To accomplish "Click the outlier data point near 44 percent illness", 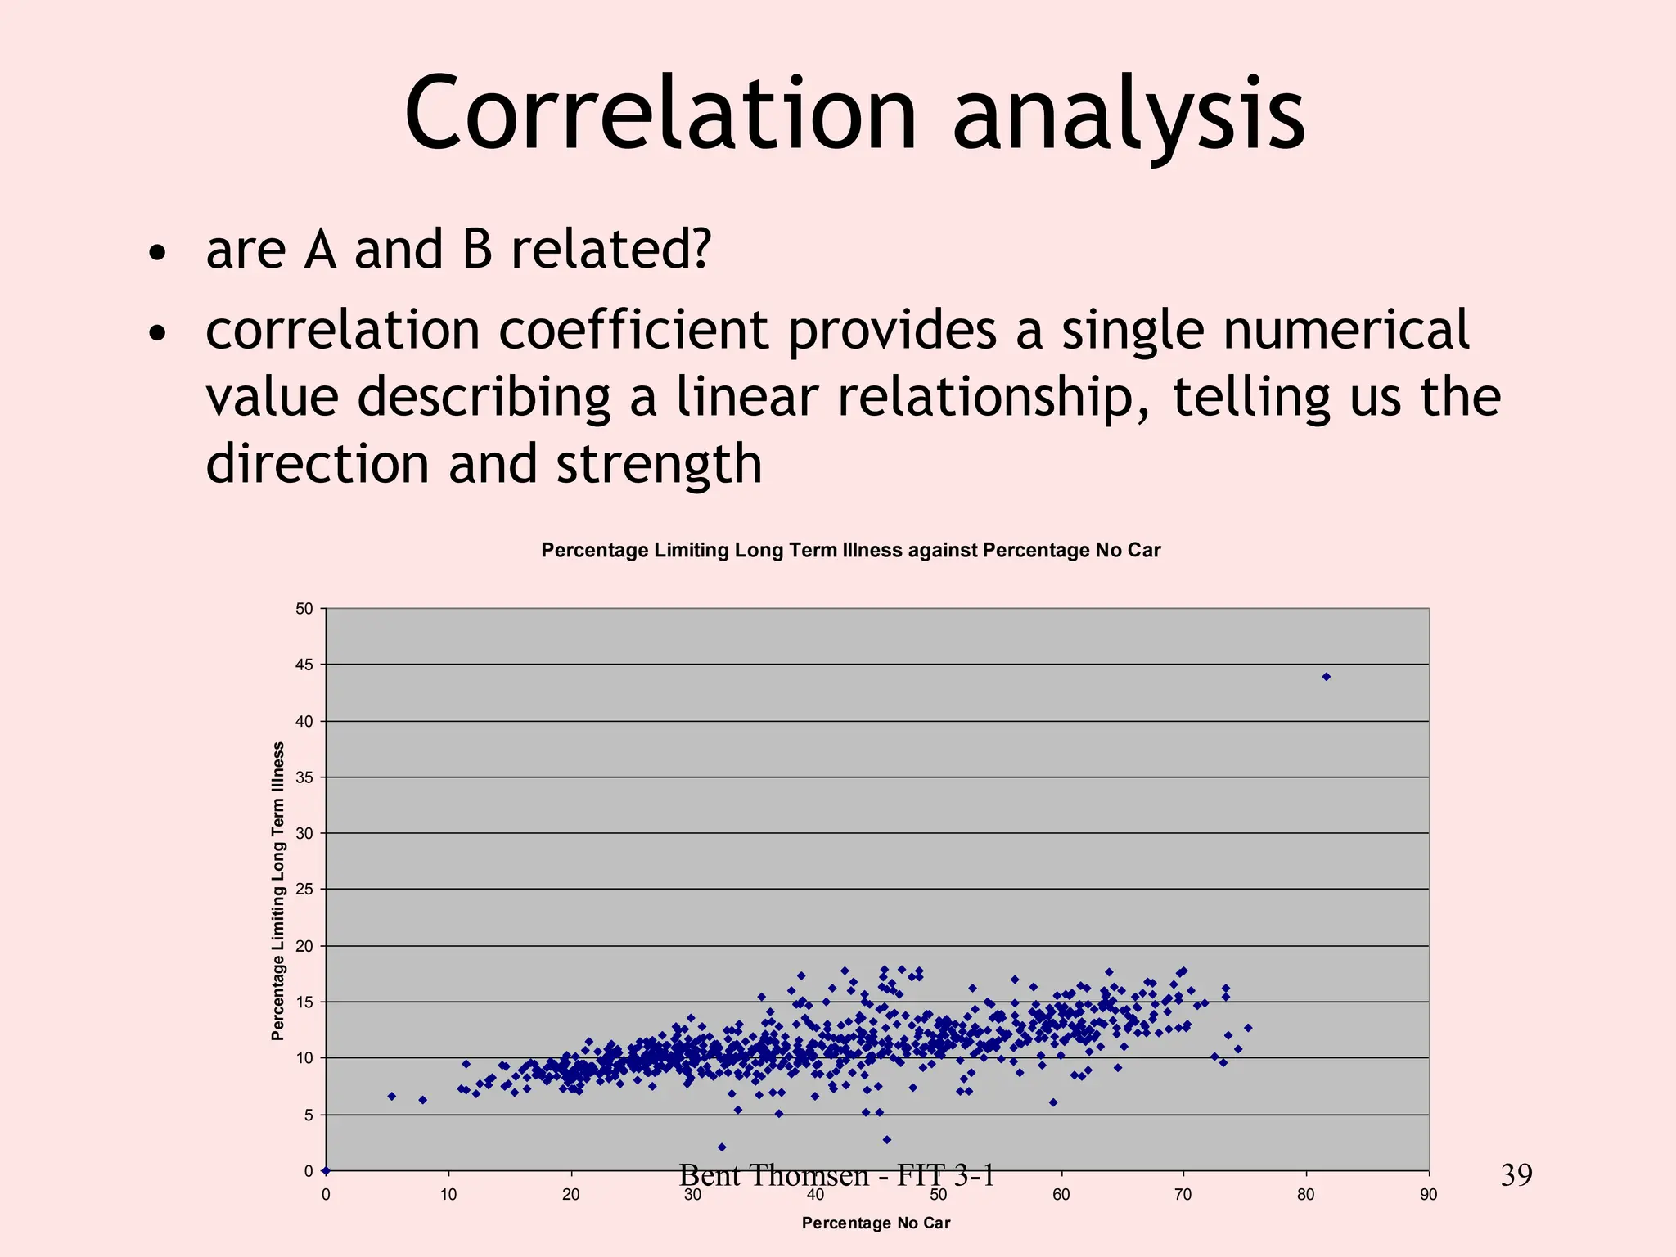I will pos(1327,677).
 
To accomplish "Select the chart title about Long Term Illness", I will pos(850,550).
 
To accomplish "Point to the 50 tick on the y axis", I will pos(304,609).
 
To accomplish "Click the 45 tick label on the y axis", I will pos(304,665).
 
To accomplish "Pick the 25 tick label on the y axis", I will pos(304,890).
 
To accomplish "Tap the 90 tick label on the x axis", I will pos(1428,1195).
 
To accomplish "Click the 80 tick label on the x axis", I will pos(1306,1195).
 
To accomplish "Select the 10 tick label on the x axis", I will pos(448,1195).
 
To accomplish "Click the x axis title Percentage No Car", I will pos(876,1223).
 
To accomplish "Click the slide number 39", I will pos(1516,1175).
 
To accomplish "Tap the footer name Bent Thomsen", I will pos(773,1175).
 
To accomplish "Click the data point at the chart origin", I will pos(326,1170).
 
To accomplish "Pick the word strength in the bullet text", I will pos(659,464).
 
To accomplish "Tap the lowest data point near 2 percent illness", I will pos(722,1147).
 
